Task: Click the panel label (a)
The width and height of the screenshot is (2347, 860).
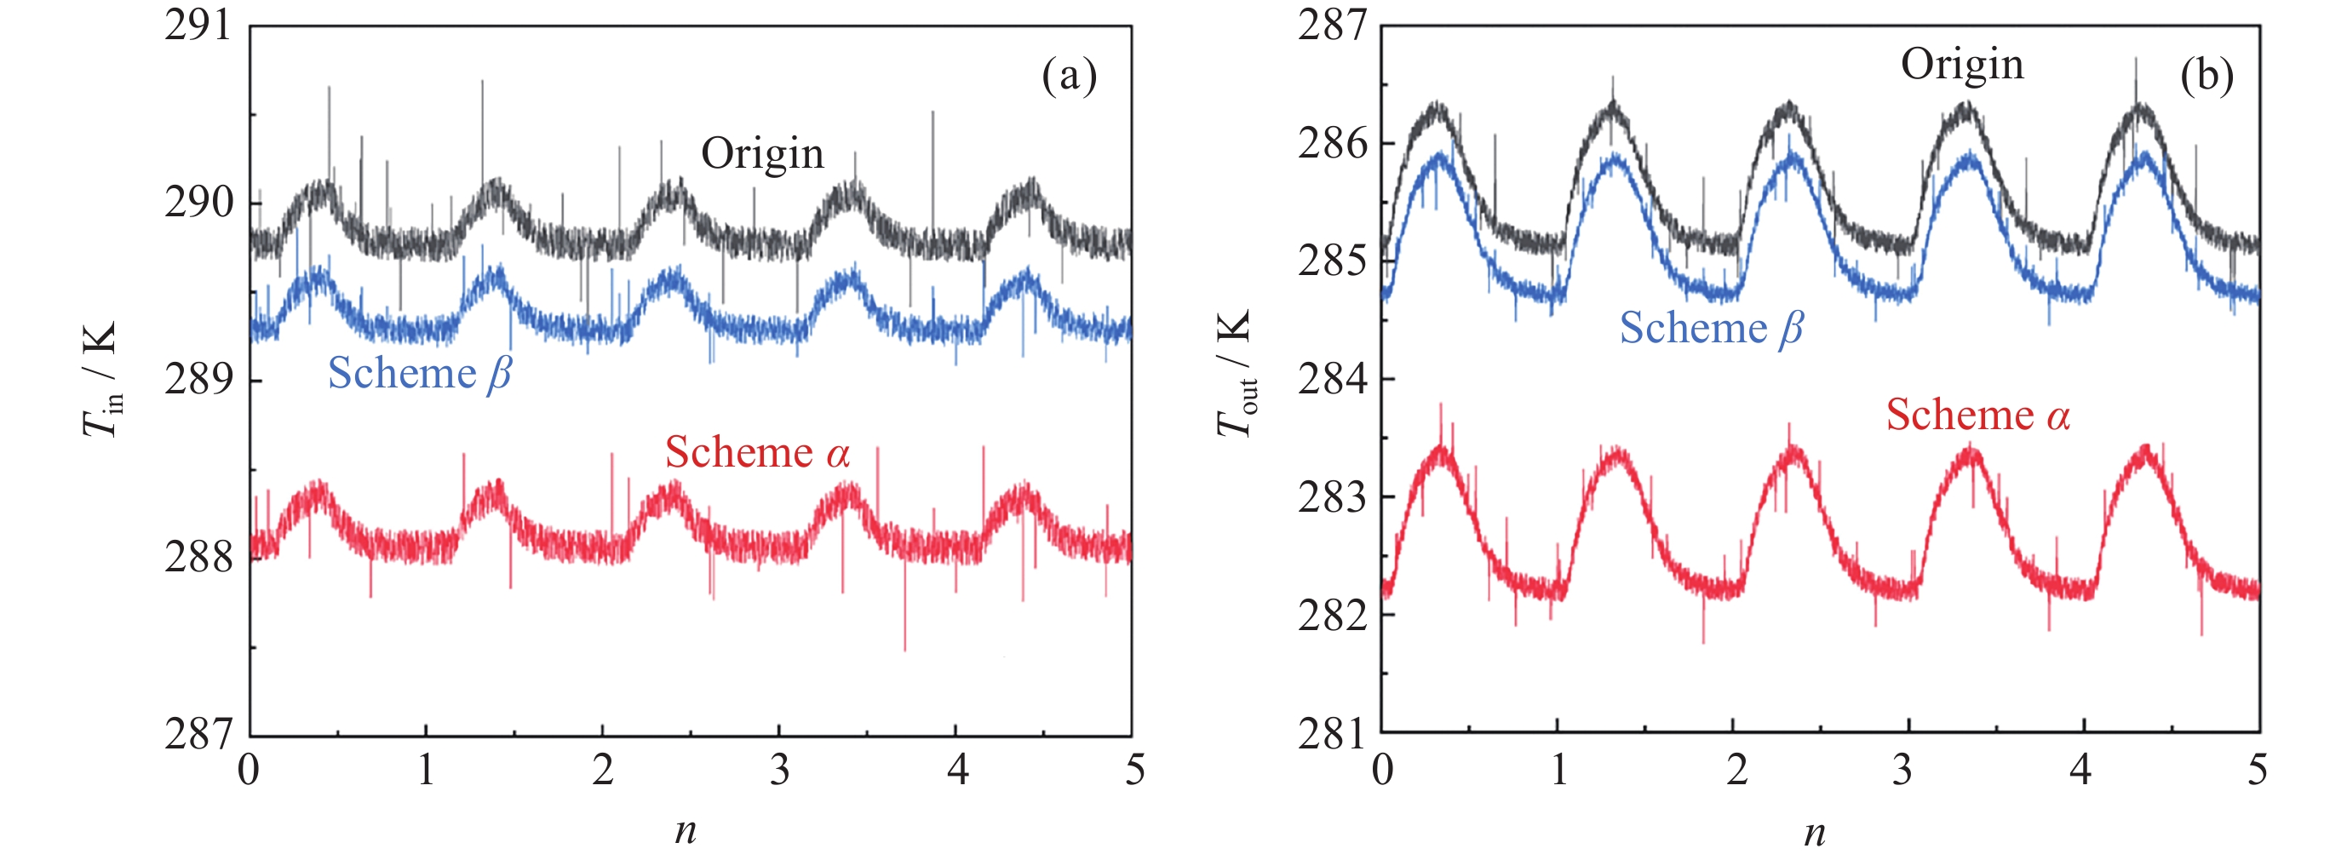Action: [1069, 76]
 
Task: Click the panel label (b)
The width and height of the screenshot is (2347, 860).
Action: [2206, 75]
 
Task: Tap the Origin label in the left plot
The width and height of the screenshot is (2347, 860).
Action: [761, 153]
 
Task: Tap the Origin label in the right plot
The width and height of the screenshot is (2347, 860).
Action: [1961, 65]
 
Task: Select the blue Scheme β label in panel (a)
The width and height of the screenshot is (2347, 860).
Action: [419, 374]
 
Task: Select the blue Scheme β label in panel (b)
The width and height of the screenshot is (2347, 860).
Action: [1711, 328]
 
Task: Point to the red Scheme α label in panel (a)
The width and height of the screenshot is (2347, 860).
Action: [757, 453]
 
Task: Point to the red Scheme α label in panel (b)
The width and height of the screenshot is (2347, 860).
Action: [1978, 415]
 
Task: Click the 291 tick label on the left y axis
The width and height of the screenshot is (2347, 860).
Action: [198, 26]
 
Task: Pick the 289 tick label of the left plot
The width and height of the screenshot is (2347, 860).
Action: [198, 379]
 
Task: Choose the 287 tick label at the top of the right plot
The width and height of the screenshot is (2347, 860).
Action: [1332, 26]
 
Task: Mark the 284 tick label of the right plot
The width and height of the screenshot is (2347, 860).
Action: [1332, 378]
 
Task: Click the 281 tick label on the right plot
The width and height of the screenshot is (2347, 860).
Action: [1332, 732]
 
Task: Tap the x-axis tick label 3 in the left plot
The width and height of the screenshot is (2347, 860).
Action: [779, 770]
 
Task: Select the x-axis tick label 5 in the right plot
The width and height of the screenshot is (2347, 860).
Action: [2257, 770]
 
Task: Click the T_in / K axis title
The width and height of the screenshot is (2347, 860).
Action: [100, 379]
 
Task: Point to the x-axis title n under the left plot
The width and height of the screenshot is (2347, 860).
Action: [686, 829]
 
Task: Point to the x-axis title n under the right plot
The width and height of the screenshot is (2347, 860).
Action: [1814, 831]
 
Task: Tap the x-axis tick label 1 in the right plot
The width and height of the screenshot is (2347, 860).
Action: [1559, 770]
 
